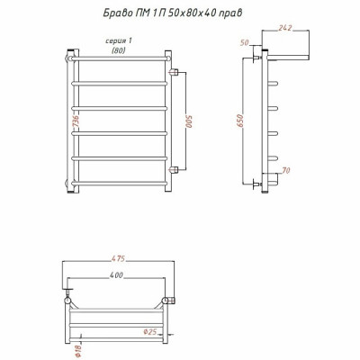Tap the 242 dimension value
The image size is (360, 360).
coord(285,28)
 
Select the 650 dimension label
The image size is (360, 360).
coord(240,121)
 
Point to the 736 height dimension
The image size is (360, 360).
coord(76,122)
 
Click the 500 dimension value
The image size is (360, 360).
coord(189,121)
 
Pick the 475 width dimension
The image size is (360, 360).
coord(118,258)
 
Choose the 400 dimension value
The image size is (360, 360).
coord(116,274)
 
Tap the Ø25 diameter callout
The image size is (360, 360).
coord(150,332)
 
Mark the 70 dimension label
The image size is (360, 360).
coord(286,170)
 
